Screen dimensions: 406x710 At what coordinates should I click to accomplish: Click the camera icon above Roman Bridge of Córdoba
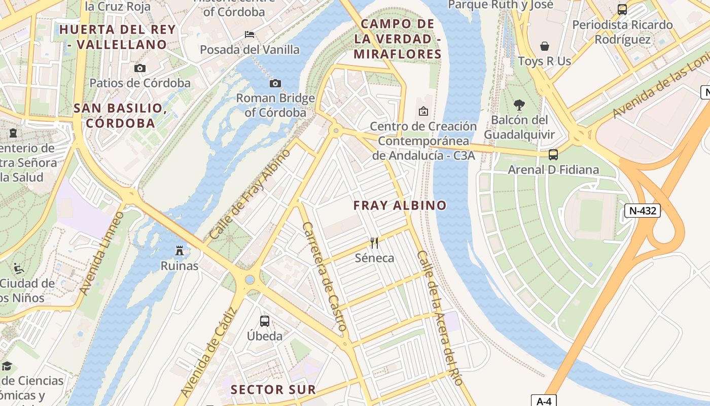point(275,83)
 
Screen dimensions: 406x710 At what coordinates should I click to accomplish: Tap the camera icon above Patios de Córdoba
point(140,68)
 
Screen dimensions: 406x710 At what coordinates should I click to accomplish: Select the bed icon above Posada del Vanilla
point(250,35)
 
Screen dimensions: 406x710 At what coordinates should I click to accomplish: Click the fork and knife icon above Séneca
point(374,243)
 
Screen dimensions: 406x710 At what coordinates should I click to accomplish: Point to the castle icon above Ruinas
point(179,250)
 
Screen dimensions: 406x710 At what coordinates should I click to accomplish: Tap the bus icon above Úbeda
point(265,321)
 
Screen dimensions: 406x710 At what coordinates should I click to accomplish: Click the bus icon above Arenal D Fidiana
point(553,154)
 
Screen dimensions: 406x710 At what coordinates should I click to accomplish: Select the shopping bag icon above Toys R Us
point(545,46)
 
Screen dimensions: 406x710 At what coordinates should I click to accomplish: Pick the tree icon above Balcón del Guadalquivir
point(519,105)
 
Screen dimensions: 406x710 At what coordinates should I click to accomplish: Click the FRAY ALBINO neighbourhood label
point(400,206)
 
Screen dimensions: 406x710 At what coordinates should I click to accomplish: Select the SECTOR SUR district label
point(273,390)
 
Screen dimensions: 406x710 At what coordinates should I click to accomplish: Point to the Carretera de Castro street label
point(324,277)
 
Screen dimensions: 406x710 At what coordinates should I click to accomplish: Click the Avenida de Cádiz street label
point(208,353)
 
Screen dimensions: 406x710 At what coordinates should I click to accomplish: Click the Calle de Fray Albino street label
point(250,194)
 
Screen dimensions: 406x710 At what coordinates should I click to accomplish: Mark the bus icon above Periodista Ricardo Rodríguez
point(622,9)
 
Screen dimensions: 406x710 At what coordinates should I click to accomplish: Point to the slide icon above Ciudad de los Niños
point(19,267)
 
